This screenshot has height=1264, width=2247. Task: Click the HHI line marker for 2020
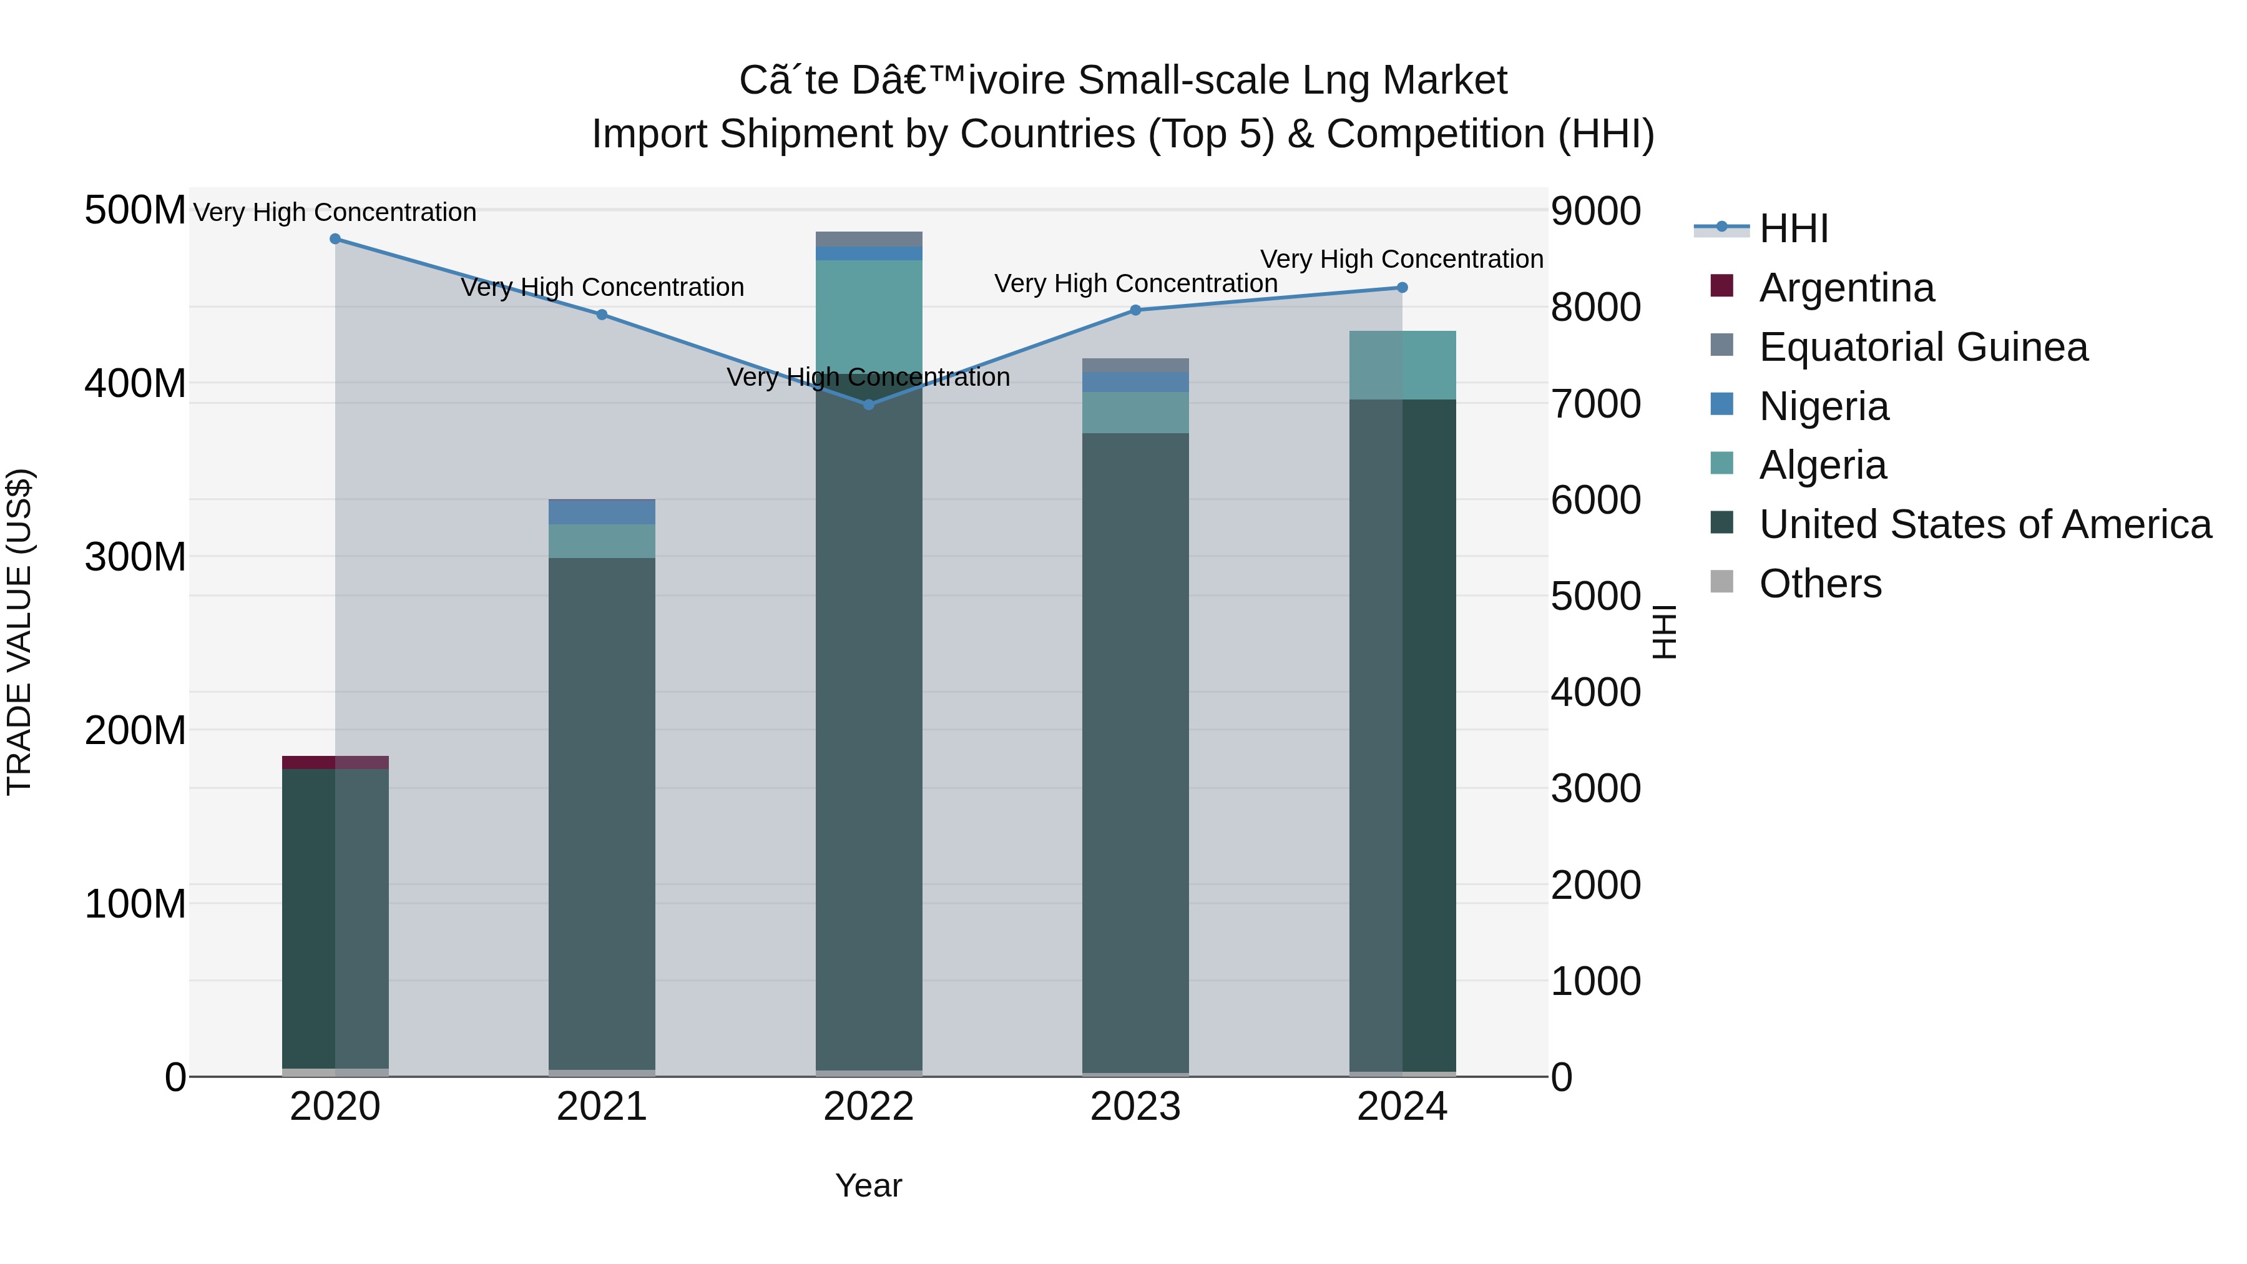pos(335,239)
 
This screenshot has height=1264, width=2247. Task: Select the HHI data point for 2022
pos(868,404)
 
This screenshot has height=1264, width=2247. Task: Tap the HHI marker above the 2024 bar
pos(1402,288)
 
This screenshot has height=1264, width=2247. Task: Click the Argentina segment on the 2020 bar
pos(335,762)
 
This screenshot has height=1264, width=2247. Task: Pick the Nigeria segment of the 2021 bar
pos(602,512)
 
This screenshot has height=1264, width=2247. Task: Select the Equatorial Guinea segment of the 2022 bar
pos(869,239)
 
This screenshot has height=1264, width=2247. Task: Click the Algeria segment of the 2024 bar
pos(1402,366)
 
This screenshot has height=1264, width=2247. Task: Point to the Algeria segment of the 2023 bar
pos(1135,413)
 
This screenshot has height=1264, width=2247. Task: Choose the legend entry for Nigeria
pos(1823,406)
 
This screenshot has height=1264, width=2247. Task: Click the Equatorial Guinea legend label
pos(1924,347)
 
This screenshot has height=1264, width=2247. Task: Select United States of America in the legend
pos(1984,525)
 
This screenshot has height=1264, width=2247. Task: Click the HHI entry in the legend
pos(1793,228)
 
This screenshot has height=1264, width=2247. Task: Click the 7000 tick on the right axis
pos(1595,404)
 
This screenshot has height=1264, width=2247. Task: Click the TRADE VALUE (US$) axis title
pos(19,632)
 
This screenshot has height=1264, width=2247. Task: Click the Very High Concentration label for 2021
pos(602,287)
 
